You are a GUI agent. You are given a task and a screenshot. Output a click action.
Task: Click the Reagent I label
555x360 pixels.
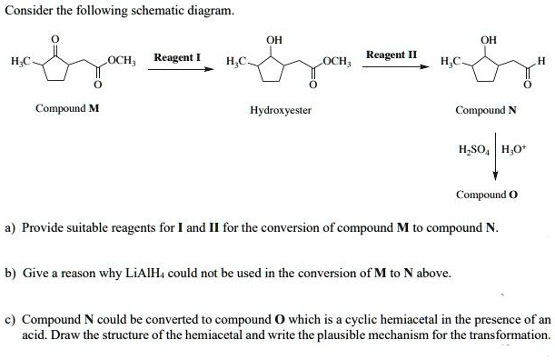click(x=177, y=57)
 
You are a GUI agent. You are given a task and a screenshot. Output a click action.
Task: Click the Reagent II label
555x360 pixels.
click(x=391, y=55)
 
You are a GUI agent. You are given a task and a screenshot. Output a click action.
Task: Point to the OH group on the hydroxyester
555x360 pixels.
click(x=273, y=39)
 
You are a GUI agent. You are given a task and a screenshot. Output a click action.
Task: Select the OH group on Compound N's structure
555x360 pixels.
click(x=488, y=39)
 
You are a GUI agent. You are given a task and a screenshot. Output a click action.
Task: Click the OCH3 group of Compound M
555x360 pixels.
click(x=122, y=60)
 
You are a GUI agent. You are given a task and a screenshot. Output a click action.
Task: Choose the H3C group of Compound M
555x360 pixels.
click(x=21, y=60)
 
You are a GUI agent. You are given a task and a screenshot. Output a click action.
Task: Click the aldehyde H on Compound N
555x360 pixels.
click(x=541, y=60)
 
